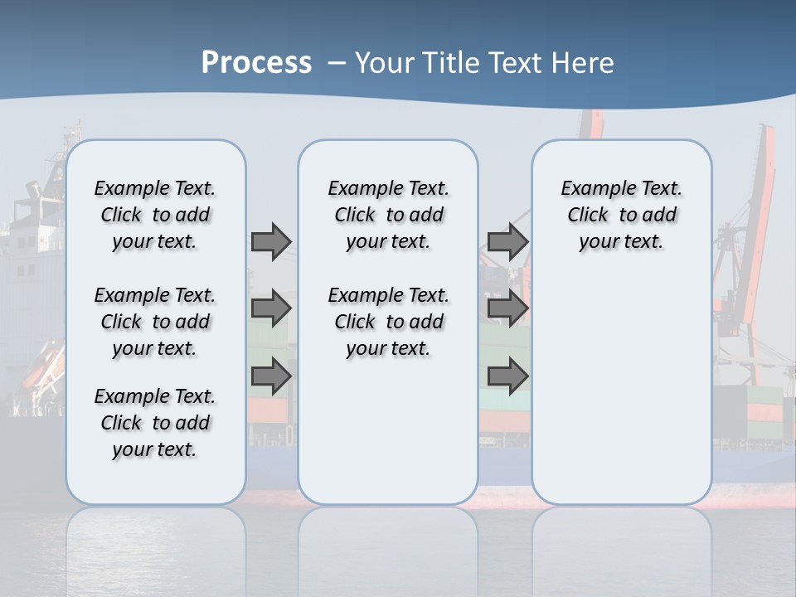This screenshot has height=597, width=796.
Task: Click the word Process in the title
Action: [256, 63]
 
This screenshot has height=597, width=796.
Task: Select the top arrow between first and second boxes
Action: [271, 241]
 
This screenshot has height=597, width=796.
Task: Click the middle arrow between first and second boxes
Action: [271, 308]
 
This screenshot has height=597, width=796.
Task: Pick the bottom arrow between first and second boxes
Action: [271, 376]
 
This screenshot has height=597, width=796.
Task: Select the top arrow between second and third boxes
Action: [507, 241]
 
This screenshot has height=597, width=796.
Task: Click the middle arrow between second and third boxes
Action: [507, 308]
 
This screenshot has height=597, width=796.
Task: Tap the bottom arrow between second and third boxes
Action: [507, 376]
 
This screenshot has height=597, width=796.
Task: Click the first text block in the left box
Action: [155, 215]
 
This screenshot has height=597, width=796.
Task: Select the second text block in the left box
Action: [155, 322]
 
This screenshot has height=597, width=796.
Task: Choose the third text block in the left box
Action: [155, 423]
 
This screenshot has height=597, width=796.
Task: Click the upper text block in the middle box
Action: [388, 215]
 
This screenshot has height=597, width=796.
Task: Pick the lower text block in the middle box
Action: [388, 322]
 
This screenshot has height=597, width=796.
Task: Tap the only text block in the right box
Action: [621, 215]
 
